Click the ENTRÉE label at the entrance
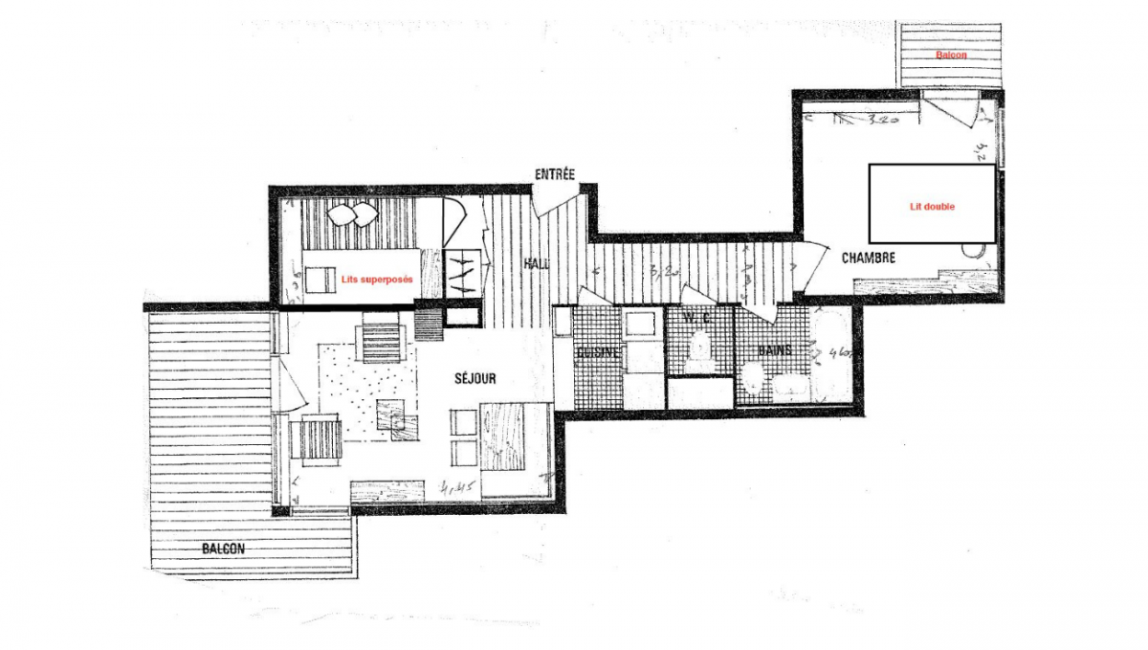tap(555, 174)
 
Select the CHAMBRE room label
tap(868, 258)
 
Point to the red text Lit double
tap(932, 206)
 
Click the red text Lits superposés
tap(377, 280)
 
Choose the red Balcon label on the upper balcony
tap(951, 56)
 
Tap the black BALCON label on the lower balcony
tap(223, 549)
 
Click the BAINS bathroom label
tap(774, 350)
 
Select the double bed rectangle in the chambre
tap(932, 203)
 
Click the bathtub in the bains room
tap(830, 354)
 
